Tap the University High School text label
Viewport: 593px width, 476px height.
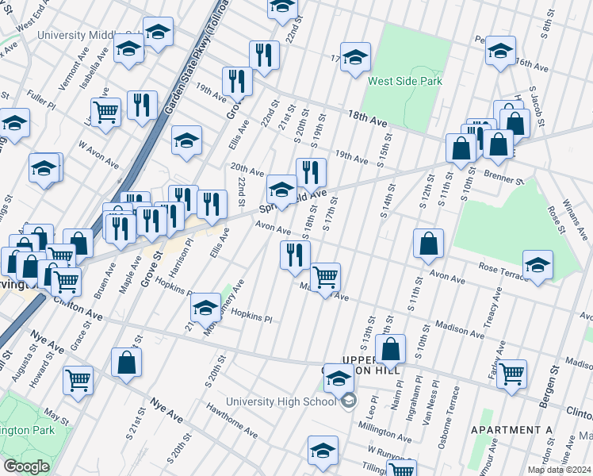click(281, 401)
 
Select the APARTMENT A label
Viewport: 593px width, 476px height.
click(511, 430)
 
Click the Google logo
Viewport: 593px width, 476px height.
click(26, 466)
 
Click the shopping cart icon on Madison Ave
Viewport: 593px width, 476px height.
click(324, 278)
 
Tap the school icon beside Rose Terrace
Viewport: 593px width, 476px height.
click(538, 265)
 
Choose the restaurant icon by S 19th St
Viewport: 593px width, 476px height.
click(311, 172)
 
